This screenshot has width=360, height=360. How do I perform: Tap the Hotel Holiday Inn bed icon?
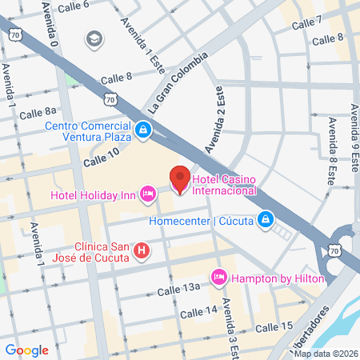pyautogui.click(x=148, y=194)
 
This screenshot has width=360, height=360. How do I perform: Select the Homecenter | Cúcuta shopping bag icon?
pyautogui.click(x=266, y=219)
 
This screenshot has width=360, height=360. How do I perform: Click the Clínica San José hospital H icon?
pyautogui.click(x=142, y=251)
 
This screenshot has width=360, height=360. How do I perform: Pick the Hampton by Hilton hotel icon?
pyautogui.click(x=218, y=277)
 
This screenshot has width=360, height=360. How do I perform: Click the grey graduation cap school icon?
pyautogui.click(x=94, y=38)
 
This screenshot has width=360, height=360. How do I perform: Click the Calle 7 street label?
pyautogui.click(x=306, y=22)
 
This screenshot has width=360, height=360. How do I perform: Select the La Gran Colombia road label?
pyautogui.click(x=177, y=84)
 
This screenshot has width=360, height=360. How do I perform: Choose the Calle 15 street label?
pyautogui.click(x=274, y=327)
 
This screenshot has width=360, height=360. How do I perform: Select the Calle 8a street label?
pyautogui.click(x=38, y=112)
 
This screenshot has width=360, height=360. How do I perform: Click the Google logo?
pyautogui.click(x=26, y=350)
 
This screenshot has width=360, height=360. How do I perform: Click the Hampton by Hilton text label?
pyautogui.click(x=279, y=278)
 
